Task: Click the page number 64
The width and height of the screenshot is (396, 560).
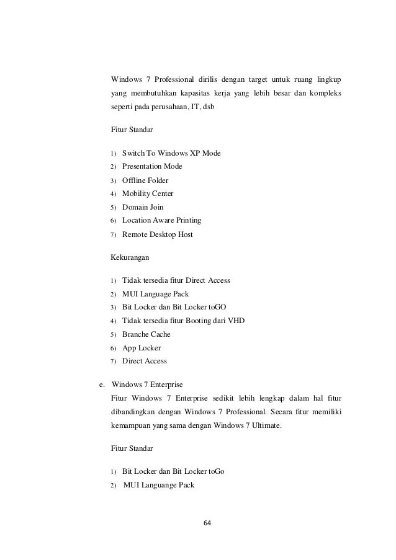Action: pos(207,522)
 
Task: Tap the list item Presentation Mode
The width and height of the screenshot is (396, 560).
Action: pos(152,167)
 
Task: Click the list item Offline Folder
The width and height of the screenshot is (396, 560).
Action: pos(145,180)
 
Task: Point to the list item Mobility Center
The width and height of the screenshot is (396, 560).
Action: pos(148,193)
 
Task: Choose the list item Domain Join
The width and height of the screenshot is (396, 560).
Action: pos(143,207)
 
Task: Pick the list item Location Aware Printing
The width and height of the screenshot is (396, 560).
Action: pos(161,220)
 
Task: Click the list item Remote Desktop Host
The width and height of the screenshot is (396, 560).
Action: pos(157,234)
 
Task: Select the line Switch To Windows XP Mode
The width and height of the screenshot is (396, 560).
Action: pos(171,153)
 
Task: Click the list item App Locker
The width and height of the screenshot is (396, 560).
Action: pos(142,348)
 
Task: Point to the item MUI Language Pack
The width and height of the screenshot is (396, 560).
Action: pos(155,294)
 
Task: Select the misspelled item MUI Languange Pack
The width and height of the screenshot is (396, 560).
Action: pos(159,485)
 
